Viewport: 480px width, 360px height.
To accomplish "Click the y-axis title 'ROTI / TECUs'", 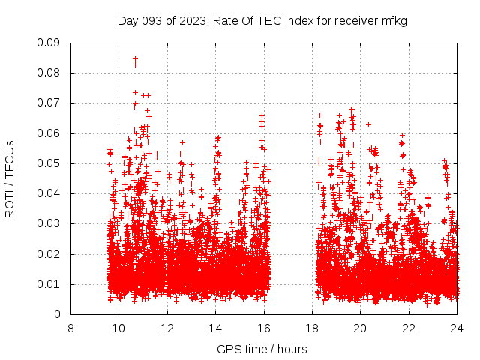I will point(10,178).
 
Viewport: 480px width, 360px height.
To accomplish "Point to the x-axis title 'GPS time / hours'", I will point(262,349).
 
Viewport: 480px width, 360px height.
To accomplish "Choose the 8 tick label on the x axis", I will point(70,328).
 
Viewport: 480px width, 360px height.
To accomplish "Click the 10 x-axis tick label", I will point(118,328).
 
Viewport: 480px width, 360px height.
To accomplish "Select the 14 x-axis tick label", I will point(215,328).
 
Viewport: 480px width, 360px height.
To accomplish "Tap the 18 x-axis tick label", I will point(312,328).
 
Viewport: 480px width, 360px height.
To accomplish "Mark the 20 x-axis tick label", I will point(360,328).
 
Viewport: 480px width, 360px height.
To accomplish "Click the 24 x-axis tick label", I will point(457,328).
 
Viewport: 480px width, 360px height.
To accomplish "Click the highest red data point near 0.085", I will point(135,58).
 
